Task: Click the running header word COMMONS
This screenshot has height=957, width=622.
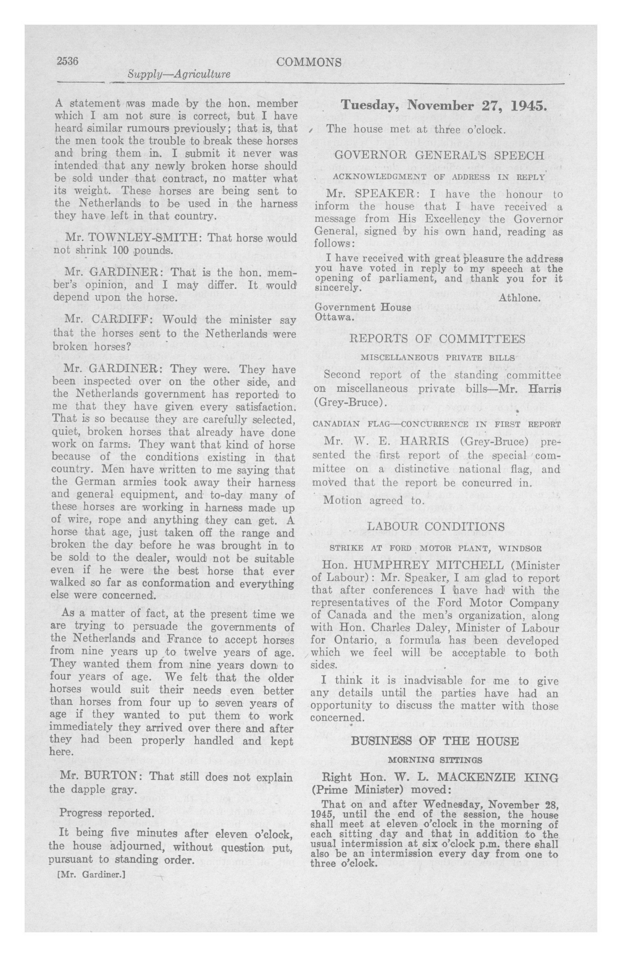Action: point(309,62)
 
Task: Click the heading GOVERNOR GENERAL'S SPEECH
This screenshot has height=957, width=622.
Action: point(440,155)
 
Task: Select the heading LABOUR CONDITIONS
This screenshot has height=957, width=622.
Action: point(436,526)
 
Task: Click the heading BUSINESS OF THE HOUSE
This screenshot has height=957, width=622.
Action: point(435,741)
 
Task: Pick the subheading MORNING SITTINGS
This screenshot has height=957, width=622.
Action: point(435,760)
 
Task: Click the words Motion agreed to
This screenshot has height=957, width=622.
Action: point(374,501)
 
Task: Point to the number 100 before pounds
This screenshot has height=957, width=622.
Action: point(120,250)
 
